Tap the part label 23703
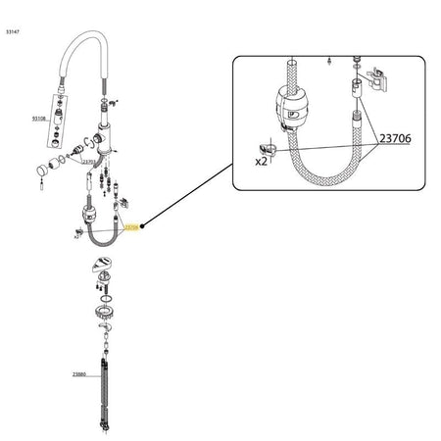(x=89, y=163)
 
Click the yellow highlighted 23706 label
(x=134, y=226)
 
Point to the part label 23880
(x=79, y=374)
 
